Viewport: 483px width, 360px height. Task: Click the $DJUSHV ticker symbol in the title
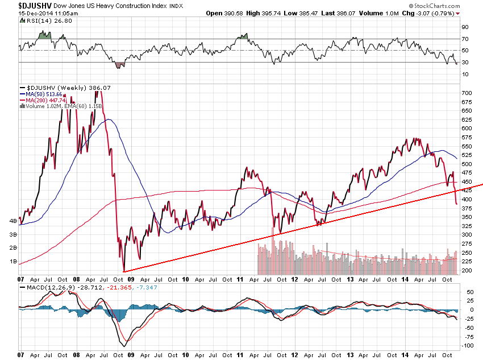pyautogui.click(x=26, y=5)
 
